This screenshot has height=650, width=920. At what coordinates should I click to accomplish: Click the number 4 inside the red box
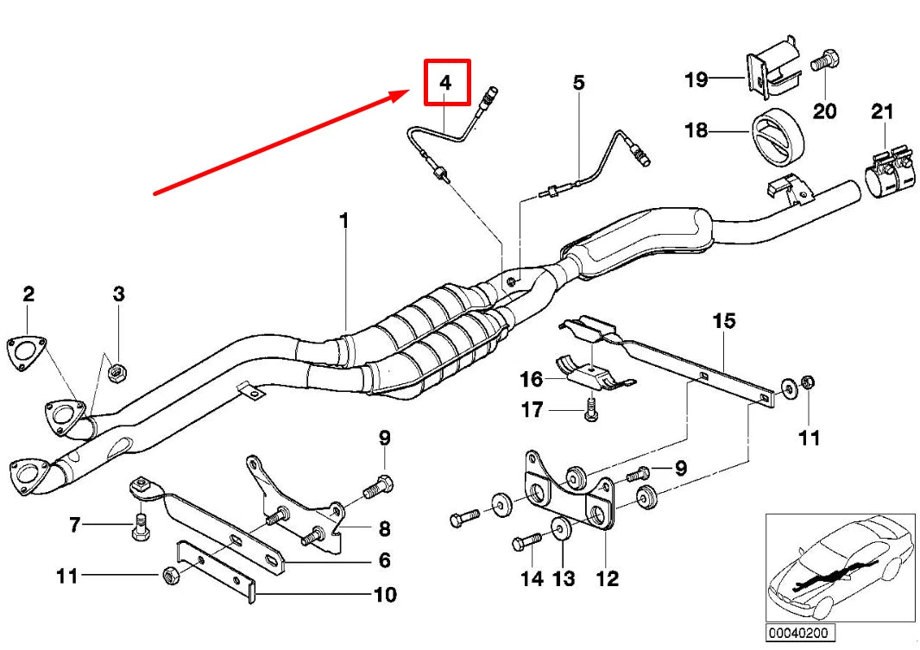[445, 83]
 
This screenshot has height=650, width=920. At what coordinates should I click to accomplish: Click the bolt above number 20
[825, 61]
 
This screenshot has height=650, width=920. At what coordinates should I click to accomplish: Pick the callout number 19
[696, 80]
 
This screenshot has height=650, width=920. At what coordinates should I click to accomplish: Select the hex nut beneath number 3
[120, 373]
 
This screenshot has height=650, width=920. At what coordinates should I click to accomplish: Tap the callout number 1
[343, 222]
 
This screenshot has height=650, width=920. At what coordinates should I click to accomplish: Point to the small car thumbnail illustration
[840, 567]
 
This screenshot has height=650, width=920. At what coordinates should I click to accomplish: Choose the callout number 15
[724, 321]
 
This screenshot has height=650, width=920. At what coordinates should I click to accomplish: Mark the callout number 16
[532, 379]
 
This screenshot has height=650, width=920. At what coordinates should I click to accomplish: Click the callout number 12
[608, 577]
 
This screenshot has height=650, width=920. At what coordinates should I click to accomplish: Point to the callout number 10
[385, 595]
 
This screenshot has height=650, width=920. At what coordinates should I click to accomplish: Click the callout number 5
[578, 83]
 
